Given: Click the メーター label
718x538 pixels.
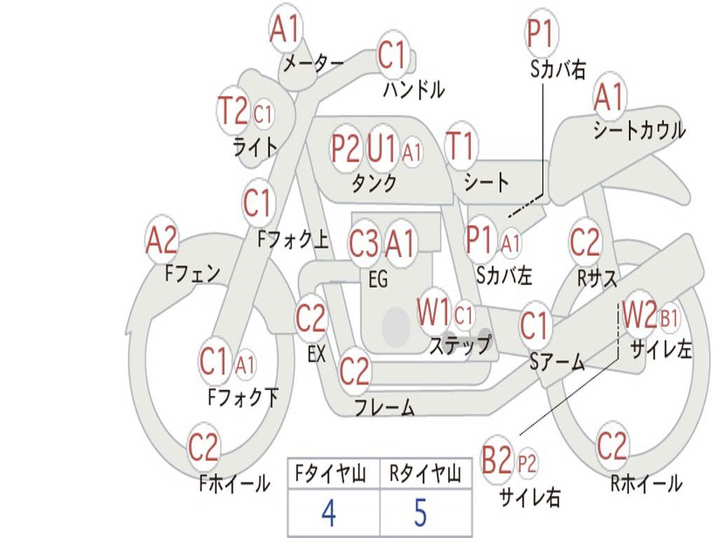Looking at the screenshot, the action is [x=313, y=63].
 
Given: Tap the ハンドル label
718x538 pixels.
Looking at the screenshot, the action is [x=414, y=89].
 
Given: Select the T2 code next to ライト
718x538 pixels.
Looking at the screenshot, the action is [x=233, y=111].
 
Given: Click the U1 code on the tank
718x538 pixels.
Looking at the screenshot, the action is [x=381, y=148].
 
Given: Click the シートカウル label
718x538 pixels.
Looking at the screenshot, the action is [x=639, y=130].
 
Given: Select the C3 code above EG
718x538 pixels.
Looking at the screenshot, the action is [x=364, y=243].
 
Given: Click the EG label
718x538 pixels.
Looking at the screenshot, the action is [x=378, y=279].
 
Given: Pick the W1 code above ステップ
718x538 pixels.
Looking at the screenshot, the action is [x=433, y=313].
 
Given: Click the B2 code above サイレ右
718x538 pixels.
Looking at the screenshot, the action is [x=496, y=460].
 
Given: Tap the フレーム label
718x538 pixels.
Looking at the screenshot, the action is [x=385, y=407].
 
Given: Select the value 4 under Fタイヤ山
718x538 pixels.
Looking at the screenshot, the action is [x=329, y=513].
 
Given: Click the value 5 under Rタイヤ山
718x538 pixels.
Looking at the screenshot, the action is [x=421, y=513].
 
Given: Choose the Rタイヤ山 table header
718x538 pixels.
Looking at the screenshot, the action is [x=426, y=474].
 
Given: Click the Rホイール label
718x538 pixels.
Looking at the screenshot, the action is [x=646, y=483].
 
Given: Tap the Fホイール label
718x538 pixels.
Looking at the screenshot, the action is [x=234, y=483].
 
